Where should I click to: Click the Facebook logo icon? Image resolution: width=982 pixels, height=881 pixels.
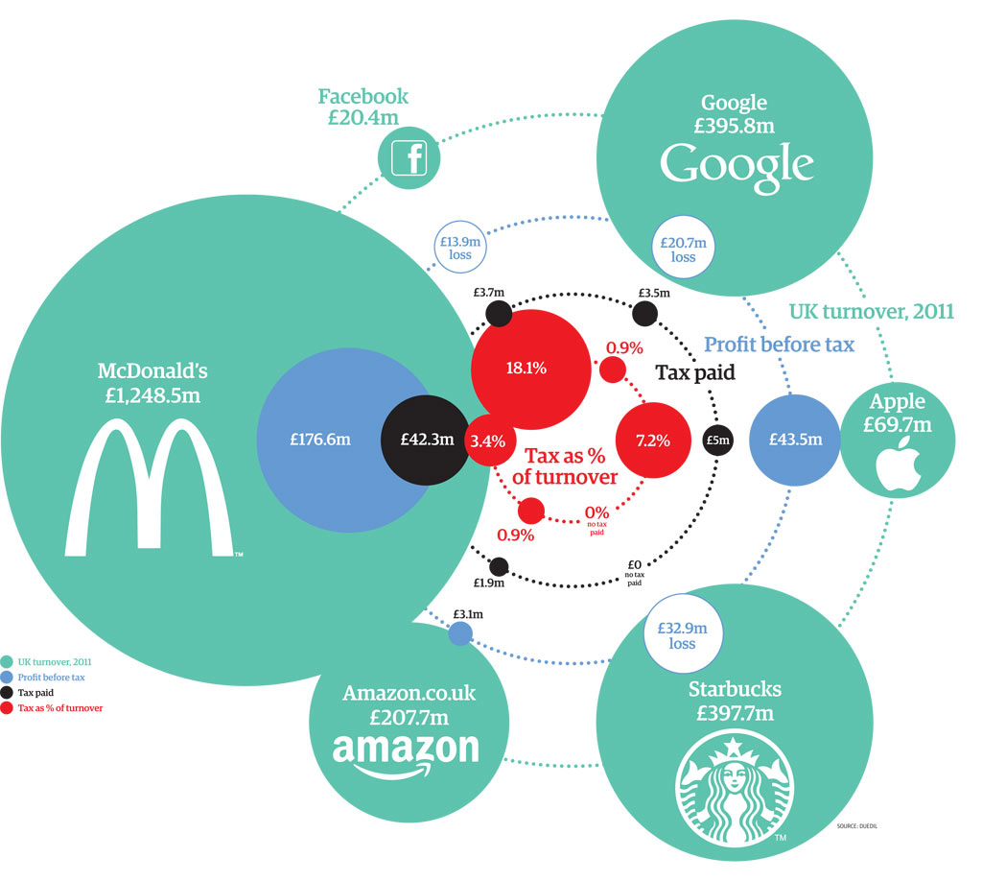click(x=409, y=157)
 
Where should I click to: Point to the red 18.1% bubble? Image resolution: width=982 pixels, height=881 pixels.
click(x=526, y=367)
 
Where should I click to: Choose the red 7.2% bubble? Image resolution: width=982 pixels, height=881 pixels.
click(x=652, y=440)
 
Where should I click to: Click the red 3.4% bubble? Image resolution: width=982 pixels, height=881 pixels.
click(x=479, y=441)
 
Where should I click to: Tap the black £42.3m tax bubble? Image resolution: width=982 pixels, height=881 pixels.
click(x=427, y=440)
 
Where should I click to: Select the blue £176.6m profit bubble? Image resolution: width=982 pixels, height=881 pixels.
click(x=320, y=440)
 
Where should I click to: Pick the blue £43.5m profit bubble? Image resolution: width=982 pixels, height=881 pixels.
click(x=795, y=440)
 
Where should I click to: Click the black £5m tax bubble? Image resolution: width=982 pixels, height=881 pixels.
click(x=717, y=440)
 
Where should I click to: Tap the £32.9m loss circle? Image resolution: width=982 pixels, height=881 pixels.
click(x=682, y=635)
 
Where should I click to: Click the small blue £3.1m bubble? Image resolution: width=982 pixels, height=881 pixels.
click(x=460, y=633)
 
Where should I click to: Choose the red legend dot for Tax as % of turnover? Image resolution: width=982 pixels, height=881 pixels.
click(x=8, y=708)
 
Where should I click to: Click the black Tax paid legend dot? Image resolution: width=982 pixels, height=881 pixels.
click(x=8, y=693)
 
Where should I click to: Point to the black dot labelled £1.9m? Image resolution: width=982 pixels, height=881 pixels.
click(x=499, y=566)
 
